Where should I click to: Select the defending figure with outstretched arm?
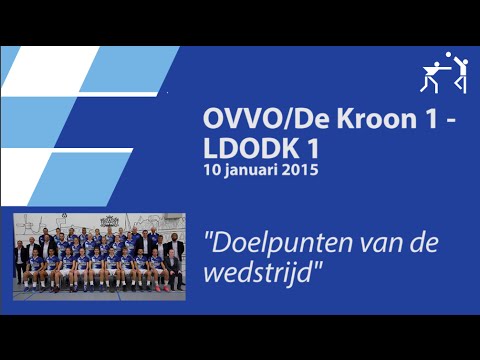point(432,76)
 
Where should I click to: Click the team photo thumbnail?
point(99,253)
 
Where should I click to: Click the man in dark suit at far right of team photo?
point(176,257)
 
